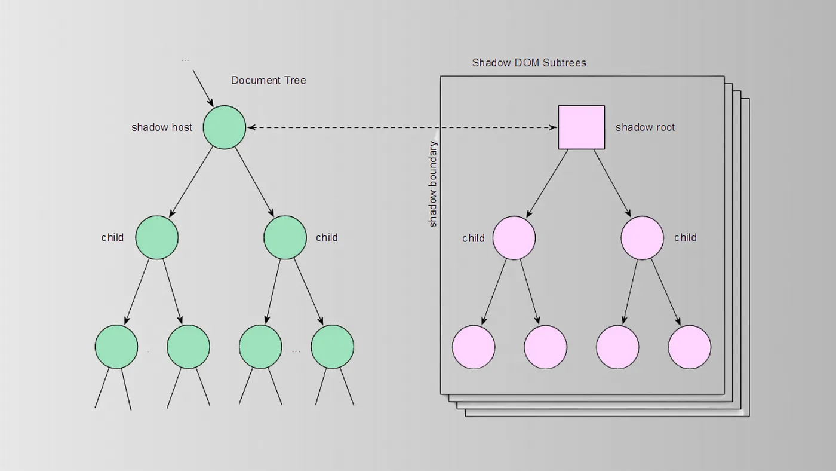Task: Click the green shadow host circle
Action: click(x=225, y=127)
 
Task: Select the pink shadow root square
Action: click(x=581, y=127)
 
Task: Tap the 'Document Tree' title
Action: click(x=268, y=81)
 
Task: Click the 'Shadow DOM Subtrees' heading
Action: click(x=529, y=63)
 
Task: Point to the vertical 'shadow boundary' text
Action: click(x=434, y=184)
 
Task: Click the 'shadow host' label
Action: click(x=162, y=127)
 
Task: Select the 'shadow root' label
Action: click(x=645, y=127)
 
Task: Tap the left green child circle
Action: click(x=157, y=237)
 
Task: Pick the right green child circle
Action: click(x=285, y=237)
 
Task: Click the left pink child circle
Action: click(x=514, y=238)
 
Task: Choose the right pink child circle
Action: click(x=643, y=238)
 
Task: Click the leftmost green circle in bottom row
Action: click(x=116, y=347)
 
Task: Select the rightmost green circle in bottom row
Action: click(x=333, y=347)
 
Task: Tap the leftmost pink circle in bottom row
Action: click(x=474, y=347)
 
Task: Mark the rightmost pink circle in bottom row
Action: click(x=690, y=347)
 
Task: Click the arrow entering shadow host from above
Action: click(x=203, y=87)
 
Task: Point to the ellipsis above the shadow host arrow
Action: click(x=185, y=60)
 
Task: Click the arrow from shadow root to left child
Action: click(x=548, y=183)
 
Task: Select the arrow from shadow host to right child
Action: click(x=254, y=182)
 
